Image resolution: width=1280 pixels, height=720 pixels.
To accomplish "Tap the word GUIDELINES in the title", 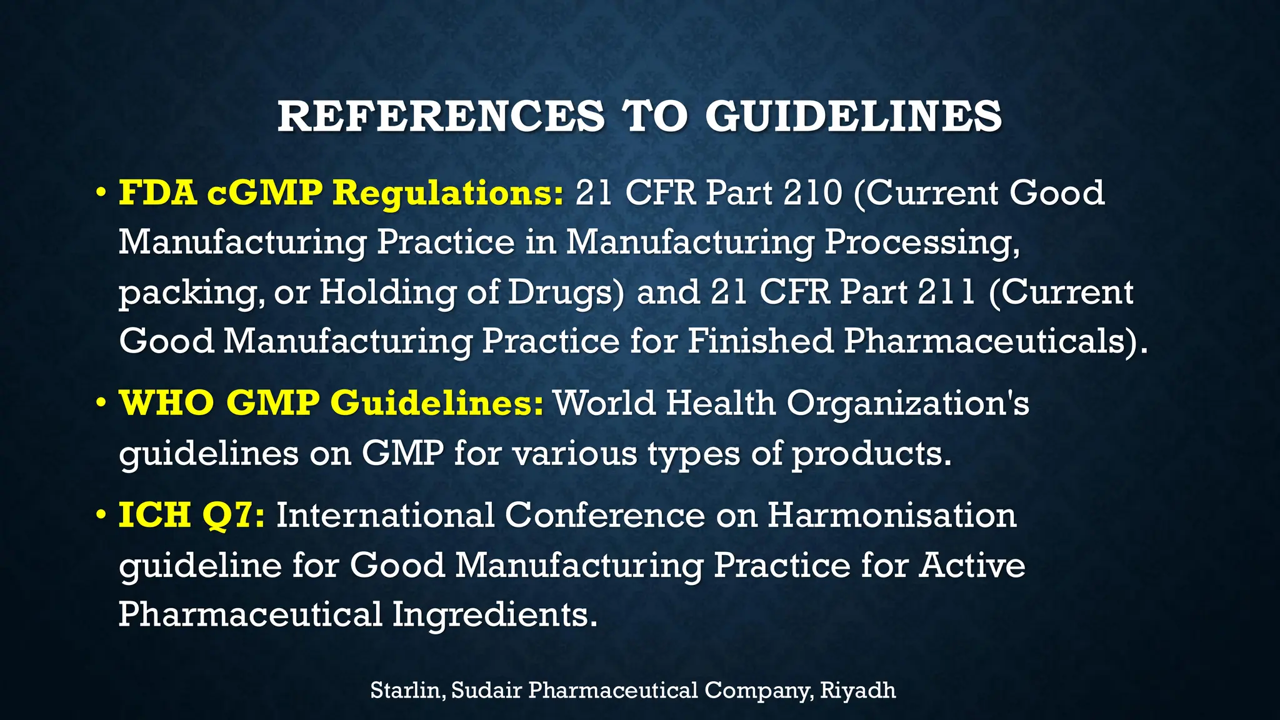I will pos(854,116).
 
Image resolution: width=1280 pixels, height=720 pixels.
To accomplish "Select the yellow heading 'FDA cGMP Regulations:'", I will pos(341,192).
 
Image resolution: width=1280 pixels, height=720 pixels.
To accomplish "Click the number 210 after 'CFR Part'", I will pos(813,192).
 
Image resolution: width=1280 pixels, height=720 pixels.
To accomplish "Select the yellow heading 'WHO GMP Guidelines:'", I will pos(331,402).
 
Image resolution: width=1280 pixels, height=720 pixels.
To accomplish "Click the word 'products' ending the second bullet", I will pos(871,454).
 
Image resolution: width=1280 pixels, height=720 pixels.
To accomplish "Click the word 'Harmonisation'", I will pos(892,515).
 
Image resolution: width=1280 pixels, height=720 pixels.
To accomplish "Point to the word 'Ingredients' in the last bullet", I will pos(491,614).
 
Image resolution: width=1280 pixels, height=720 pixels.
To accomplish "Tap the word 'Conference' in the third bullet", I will pos(604,515).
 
